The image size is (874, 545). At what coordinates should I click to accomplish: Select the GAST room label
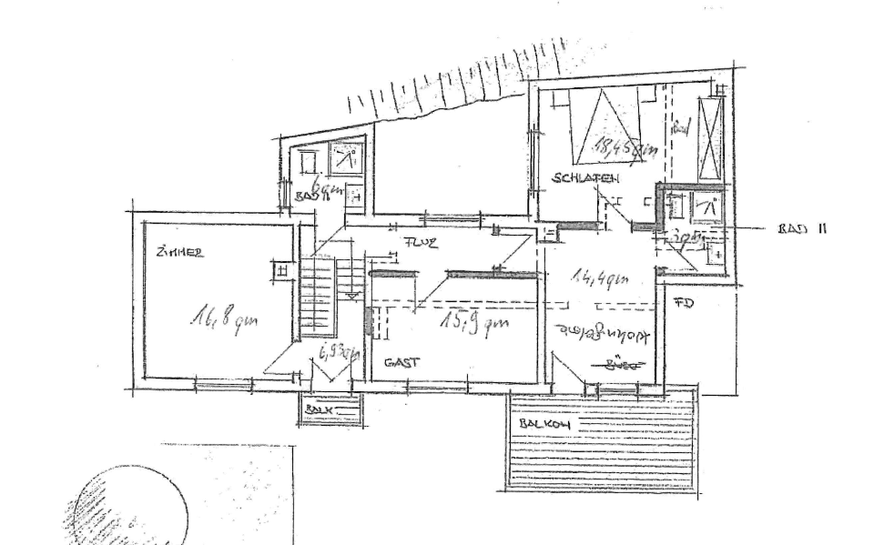(x=401, y=362)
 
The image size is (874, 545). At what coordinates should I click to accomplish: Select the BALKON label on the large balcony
(x=543, y=424)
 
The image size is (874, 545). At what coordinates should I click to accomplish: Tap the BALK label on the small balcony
(x=319, y=410)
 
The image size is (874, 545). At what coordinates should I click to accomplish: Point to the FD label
(x=684, y=302)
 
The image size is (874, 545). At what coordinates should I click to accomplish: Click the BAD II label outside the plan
(x=802, y=228)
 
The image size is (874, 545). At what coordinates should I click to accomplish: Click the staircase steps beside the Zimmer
(x=318, y=296)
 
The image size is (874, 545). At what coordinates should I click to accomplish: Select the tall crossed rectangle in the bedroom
(x=709, y=137)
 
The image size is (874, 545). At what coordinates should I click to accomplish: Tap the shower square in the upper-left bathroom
(x=346, y=160)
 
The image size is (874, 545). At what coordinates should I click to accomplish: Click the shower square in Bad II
(x=707, y=207)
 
